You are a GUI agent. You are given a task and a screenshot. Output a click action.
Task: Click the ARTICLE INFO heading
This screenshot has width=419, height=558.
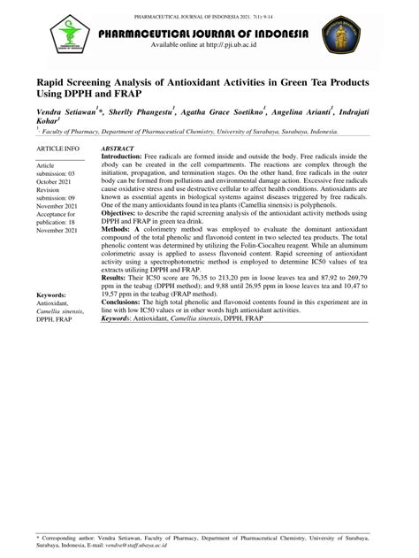[57, 149]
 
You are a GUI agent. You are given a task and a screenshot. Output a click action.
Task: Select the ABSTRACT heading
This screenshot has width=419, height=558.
[118, 149]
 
